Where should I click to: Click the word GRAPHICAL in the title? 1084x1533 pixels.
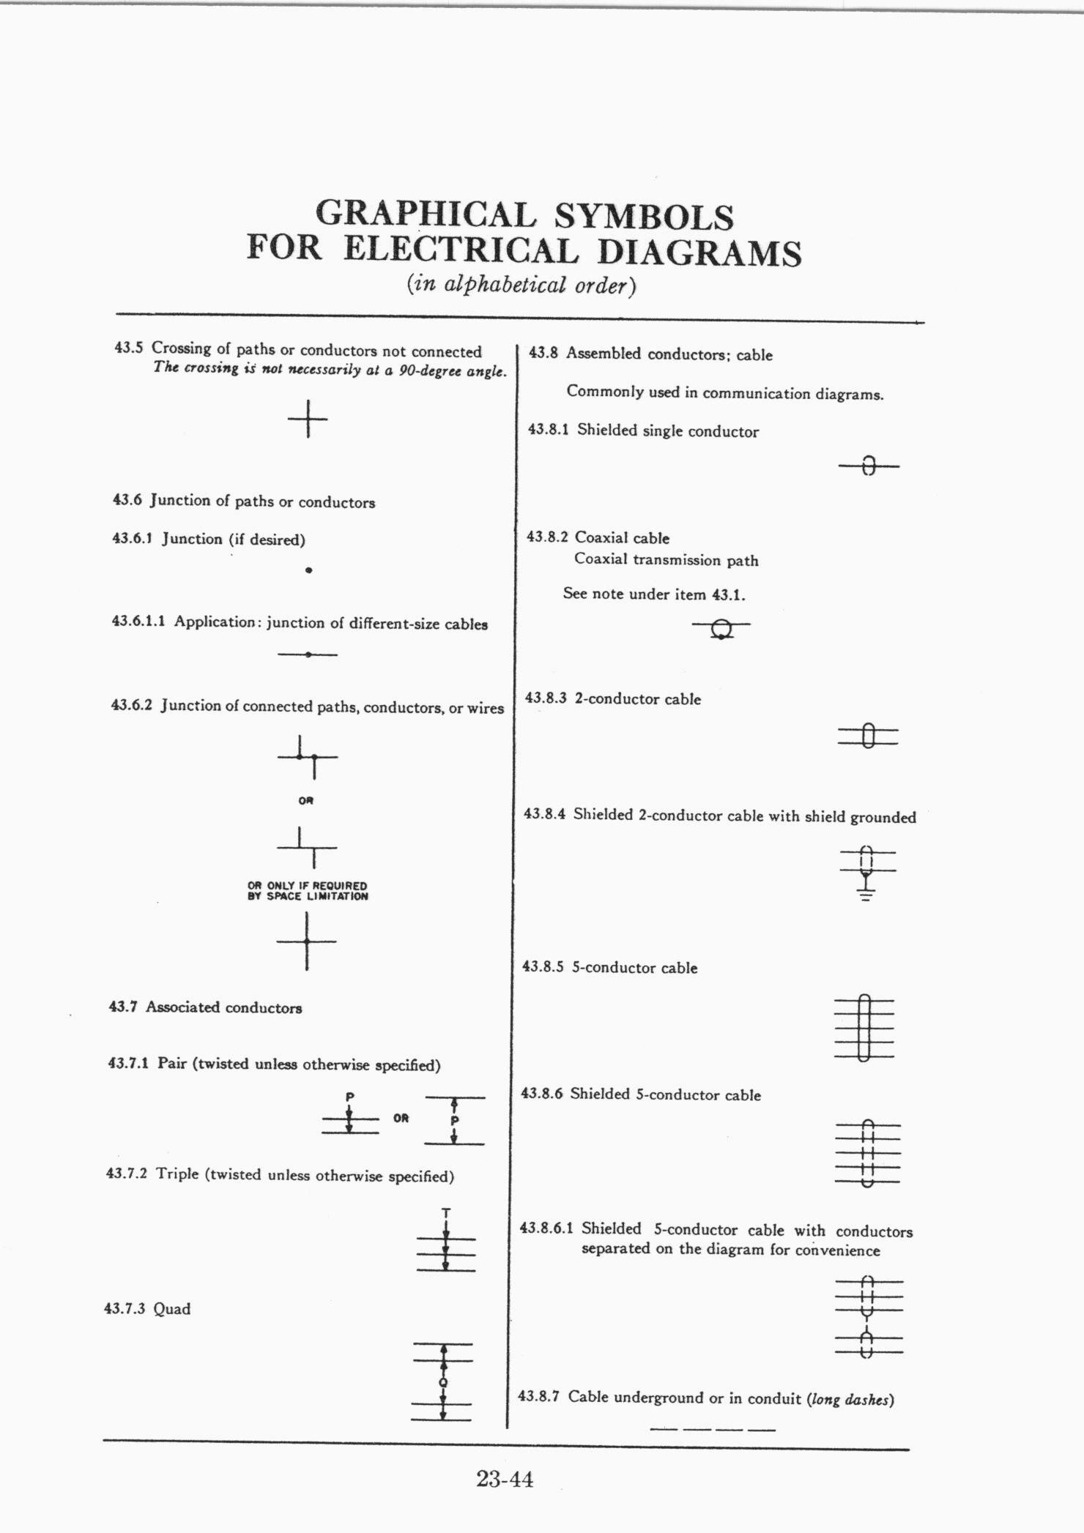tap(425, 215)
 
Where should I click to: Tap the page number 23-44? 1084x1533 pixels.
tap(505, 1479)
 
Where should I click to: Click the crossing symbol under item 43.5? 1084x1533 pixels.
tap(308, 419)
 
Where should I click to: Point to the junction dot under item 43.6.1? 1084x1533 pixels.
tap(309, 570)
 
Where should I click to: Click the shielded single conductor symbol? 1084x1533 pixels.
tap(869, 466)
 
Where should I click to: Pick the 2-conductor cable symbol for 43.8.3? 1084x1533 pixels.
tap(868, 735)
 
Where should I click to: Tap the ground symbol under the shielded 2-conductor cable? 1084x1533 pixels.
tap(866, 892)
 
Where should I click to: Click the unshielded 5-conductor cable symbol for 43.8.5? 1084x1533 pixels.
tap(864, 1028)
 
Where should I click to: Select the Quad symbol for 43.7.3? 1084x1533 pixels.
tap(442, 1381)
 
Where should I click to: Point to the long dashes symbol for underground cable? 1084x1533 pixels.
tap(712, 1428)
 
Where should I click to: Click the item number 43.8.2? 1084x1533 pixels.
tap(547, 537)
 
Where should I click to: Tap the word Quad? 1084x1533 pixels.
tap(172, 1309)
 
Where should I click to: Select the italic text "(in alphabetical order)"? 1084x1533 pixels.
tap(521, 285)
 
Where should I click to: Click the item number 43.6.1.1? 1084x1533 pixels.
tap(138, 622)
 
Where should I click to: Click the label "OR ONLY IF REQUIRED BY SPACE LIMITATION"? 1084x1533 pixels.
tap(308, 890)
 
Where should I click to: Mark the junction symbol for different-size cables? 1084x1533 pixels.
tap(308, 654)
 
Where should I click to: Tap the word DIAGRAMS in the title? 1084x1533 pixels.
tap(699, 253)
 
